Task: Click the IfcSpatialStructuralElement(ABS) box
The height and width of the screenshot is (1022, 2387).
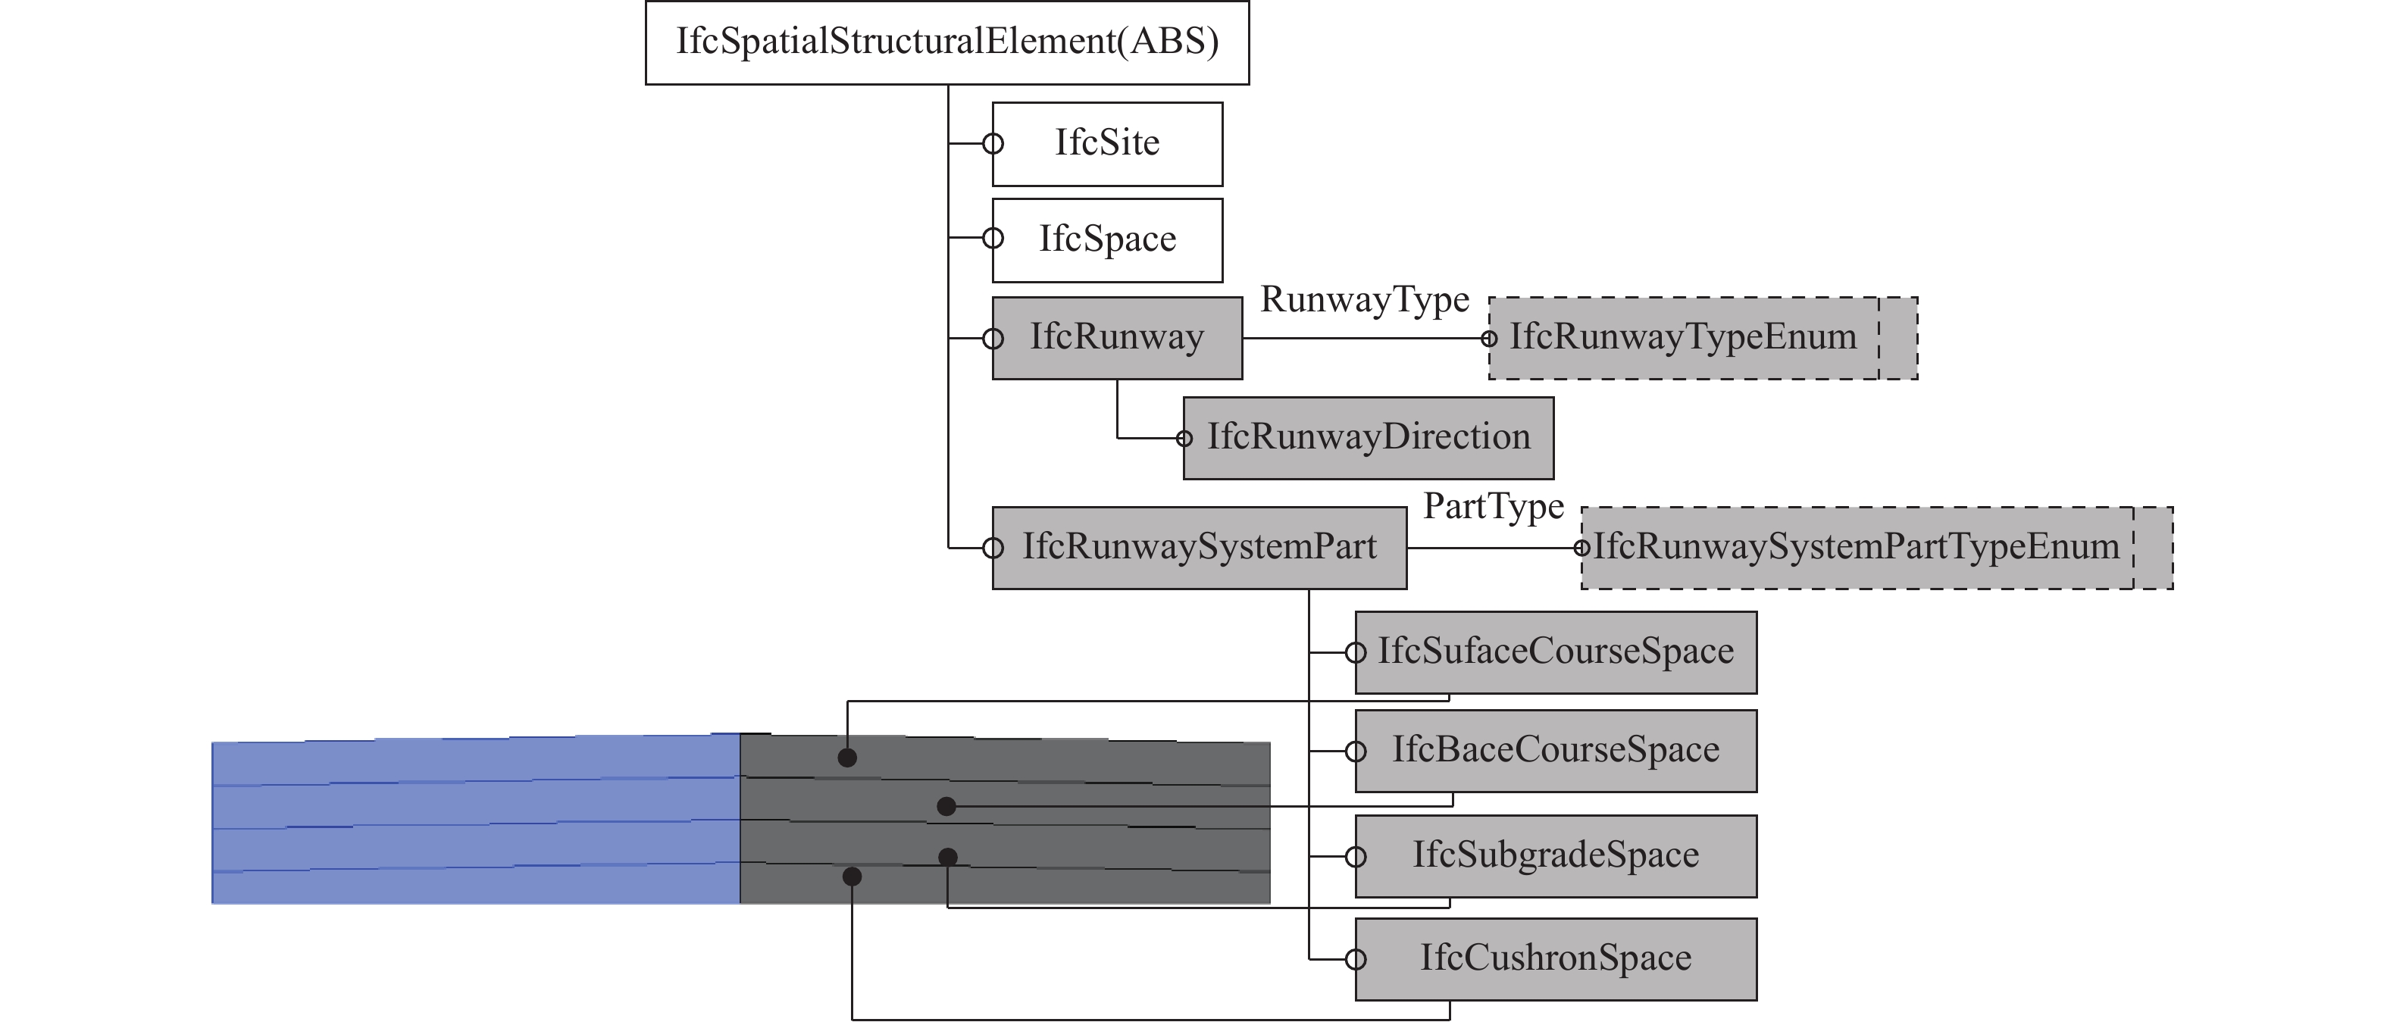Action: click(947, 42)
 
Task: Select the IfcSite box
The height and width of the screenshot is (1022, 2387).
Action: click(1107, 144)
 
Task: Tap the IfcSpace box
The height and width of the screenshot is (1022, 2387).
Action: click(1107, 240)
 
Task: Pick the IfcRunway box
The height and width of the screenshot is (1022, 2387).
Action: click(1117, 337)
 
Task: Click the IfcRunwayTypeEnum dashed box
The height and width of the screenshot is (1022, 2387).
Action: click(1702, 337)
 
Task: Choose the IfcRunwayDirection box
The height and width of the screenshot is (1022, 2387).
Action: click(1368, 438)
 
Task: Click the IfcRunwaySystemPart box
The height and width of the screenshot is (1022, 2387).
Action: click(1199, 548)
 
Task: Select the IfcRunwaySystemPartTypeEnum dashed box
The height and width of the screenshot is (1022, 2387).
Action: click(1875, 548)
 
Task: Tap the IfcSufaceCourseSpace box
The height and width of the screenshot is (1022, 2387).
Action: click(1555, 652)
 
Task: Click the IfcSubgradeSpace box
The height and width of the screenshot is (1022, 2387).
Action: click(1555, 856)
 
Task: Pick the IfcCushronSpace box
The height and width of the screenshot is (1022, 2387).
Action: click(1555, 959)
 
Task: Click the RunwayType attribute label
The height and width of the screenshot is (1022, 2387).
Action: click(1364, 300)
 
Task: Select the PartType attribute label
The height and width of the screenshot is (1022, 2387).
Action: click(1493, 507)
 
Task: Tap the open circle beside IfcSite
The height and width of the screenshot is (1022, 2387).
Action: click(993, 144)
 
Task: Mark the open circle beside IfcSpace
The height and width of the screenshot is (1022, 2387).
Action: click(993, 238)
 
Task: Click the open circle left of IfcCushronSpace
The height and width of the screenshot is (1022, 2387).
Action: click(1356, 959)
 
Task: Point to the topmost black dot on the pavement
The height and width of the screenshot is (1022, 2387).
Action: click(847, 758)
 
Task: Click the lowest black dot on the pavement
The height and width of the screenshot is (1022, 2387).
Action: click(852, 876)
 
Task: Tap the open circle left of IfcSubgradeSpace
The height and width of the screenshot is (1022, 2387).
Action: click(1356, 857)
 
